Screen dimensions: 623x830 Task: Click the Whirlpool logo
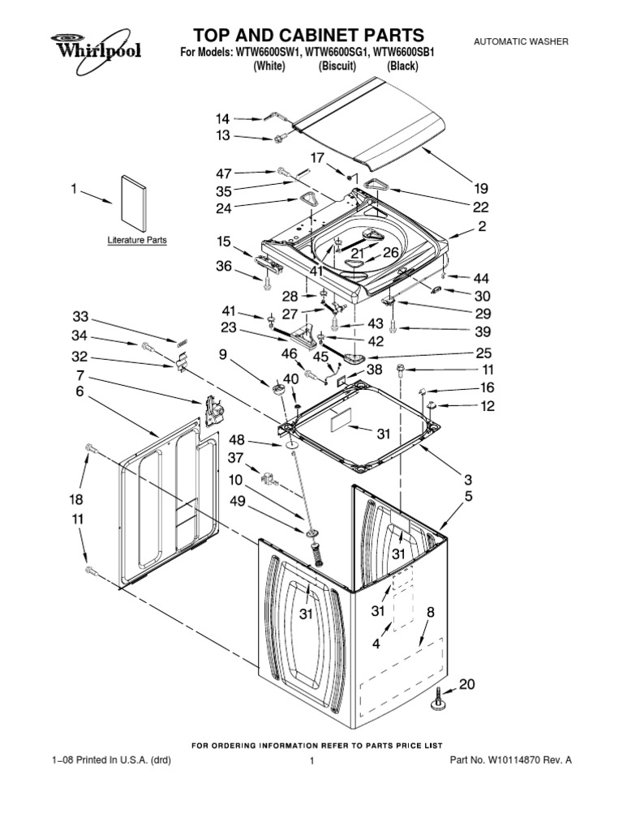point(96,51)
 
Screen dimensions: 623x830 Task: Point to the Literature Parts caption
point(137,240)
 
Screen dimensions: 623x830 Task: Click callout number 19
point(480,188)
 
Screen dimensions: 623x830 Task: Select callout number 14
point(222,118)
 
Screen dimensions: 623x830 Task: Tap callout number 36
point(224,266)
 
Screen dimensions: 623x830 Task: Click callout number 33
point(80,317)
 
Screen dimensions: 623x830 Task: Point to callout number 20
point(466,684)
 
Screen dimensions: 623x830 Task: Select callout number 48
point(237,439)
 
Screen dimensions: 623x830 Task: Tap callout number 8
point(431,612)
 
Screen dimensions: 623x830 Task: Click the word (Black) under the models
point(402,66)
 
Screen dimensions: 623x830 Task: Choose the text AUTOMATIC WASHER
point(521,41)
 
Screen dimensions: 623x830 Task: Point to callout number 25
point(483,353)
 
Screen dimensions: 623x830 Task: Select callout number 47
point(224,173)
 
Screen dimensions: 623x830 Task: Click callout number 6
point(79,391)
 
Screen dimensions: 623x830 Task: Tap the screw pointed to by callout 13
point(279,139)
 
